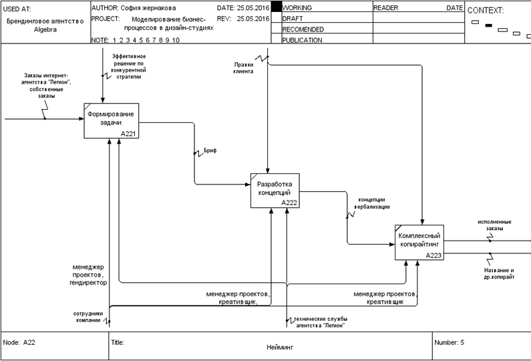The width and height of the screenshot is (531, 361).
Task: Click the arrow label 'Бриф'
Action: pyautogui.click(x=210, y=151)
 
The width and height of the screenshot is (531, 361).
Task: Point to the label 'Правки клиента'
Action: pyautogui.click(x=243, y=68)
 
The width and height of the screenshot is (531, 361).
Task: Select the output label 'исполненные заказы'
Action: pyautogui.click(x=494, y=225)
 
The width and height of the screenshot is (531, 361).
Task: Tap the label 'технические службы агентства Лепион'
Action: pyautogui.click(x=321, y=322)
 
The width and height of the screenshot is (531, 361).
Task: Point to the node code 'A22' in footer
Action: pyautogui.click(x=29, y=342)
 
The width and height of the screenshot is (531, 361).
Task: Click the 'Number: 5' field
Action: pyautogui.click(x=449, y=342)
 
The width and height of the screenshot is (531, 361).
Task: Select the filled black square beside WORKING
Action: pyautogui.click(x=276, y=7)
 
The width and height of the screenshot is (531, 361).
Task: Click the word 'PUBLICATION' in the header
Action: pyautogui.click(x=303, y=40)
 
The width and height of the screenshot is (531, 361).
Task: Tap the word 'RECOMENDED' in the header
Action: pyautogui.click(x=303, y=29)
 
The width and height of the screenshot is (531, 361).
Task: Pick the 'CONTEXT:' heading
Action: pyautogui.click(x=486, y=11)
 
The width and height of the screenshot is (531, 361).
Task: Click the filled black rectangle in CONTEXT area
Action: pyautogui.click(x=488, y=25)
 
